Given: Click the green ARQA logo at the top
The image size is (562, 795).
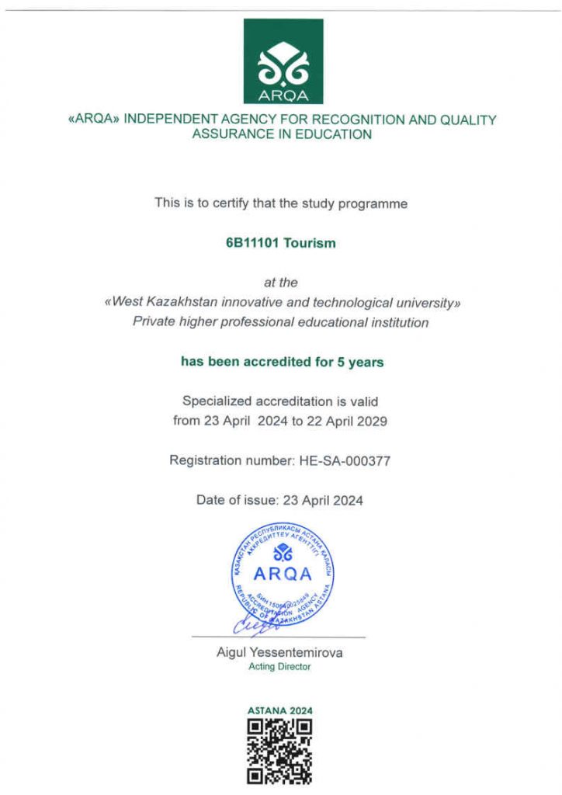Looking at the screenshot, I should (x=283, y=61).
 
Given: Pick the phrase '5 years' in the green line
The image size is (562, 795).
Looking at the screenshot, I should (x=361, y=362).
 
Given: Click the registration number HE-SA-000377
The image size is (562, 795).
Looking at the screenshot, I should (x=344, y=461).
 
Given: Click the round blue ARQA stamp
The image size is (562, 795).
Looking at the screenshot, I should (x=283, y=575).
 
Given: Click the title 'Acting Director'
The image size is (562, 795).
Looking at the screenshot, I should (x=279, y=667).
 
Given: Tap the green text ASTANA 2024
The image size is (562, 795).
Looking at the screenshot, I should (x=280, y=710).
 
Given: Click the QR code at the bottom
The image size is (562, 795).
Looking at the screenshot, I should (x=279, y=750).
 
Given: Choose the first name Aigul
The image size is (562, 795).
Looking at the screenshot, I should (x=233, y=653).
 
